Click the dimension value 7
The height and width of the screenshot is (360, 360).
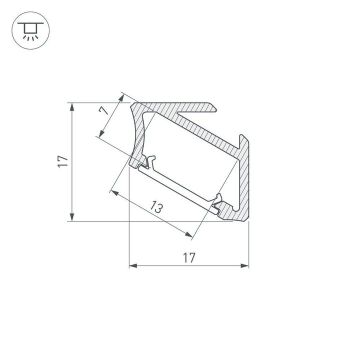(104, 110)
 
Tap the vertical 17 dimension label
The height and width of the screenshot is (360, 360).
(62, 161)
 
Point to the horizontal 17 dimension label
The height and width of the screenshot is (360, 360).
(188, 257)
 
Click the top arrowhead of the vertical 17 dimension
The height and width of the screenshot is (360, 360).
(72, 106)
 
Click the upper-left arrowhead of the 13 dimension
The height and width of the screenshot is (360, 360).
(114, 191)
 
